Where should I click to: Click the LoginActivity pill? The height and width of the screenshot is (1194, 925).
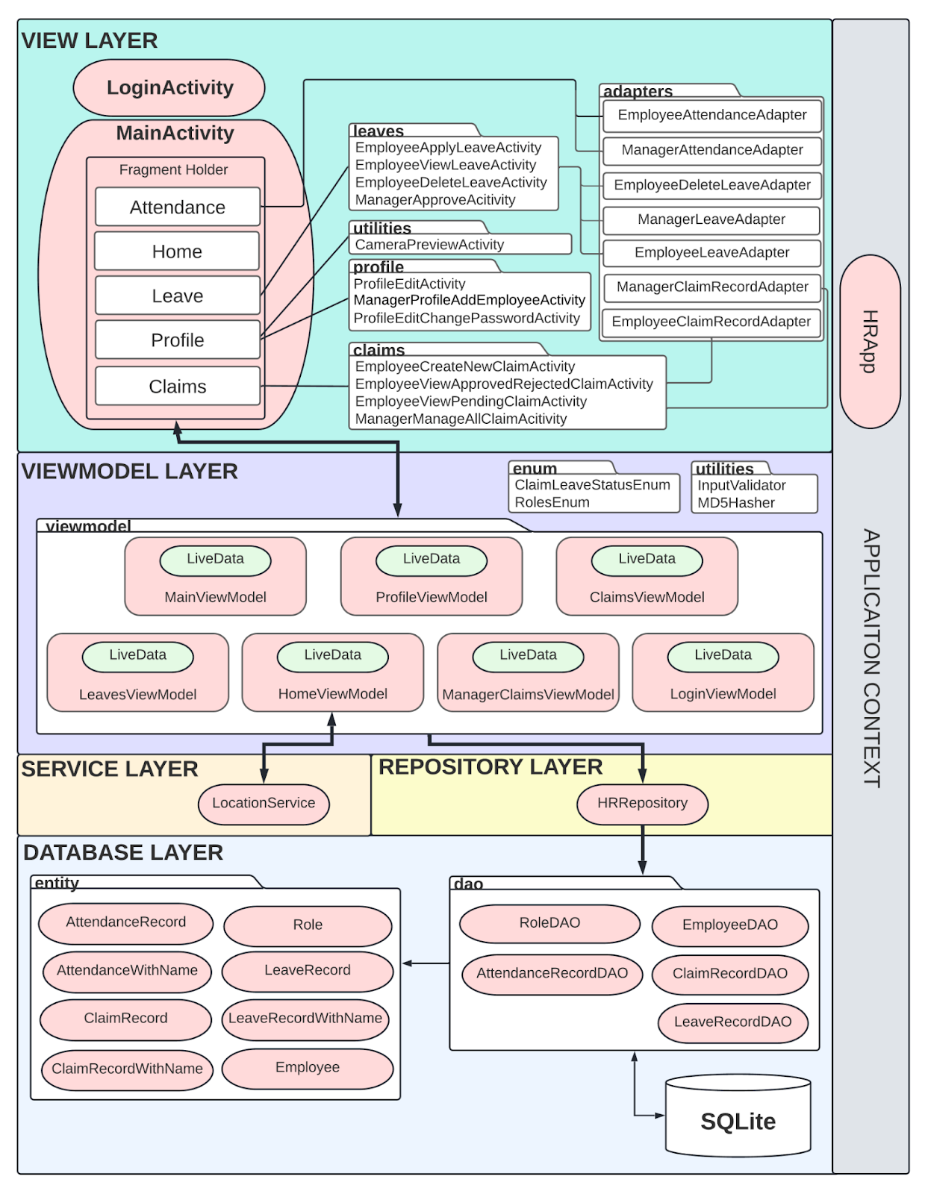[x=169, y=87]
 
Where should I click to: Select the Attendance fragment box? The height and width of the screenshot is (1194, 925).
[x=178, y=207]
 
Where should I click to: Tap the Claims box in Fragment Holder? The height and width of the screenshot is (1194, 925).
[x=178, y=386]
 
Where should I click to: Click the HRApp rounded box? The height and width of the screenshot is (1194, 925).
[x=870, y=341]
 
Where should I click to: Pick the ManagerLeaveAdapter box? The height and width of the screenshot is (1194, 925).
[x=711, y=219]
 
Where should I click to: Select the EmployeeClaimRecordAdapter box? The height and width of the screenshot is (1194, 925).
[x=711, y=322]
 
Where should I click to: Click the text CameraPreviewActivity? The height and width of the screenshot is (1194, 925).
[x=429, y=245]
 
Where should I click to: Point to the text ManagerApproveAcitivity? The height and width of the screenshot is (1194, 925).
[x=435, y=200]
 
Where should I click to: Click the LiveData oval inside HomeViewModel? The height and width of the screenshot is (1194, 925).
[x=333, y=655]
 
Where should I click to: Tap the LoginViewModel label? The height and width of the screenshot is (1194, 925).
[x=723, y=694]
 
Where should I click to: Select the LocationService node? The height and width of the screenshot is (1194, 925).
[x=264, y=803]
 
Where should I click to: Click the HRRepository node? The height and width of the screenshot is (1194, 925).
[x=642, y=803]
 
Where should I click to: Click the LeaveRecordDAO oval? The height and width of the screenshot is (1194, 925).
[x=732, y=1022]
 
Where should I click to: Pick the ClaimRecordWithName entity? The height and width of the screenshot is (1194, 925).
[x=127, y=1069]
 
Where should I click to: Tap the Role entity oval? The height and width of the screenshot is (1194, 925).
[x=308, y=925]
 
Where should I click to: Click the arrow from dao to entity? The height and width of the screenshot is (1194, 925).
[x=426, y=963]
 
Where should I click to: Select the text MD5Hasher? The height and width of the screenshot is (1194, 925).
[x=736, y=503]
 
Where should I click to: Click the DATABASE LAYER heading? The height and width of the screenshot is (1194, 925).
[x=123, y=852]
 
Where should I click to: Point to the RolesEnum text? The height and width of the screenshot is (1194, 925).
[x=552, y=502]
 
